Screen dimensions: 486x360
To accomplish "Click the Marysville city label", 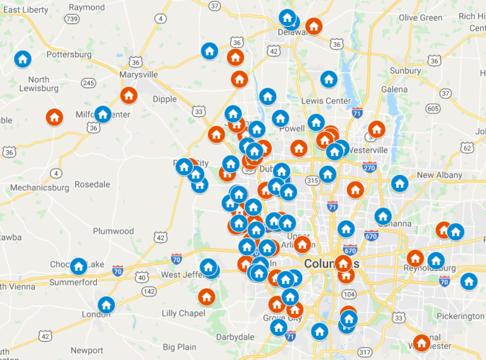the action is [138, 74].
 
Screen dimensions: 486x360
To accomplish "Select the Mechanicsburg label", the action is [39, 187].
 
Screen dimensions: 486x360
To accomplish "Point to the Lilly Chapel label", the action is [183, 313].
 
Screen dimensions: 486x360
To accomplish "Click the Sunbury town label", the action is [405, 71].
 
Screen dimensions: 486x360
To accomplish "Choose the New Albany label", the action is [439, 175].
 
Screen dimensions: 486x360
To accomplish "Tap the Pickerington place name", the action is [460, 316].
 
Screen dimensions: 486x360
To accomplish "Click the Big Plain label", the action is [179, 347].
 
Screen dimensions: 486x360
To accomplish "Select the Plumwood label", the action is [113, 231].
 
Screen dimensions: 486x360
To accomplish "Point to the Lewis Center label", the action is [325, 101].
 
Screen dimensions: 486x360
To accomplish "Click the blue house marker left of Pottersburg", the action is [22, 59].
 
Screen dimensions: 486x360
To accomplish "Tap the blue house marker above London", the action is [106, 305].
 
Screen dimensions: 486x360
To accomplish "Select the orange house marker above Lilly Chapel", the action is [206, 297].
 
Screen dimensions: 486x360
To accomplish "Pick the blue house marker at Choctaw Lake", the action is [78, 266].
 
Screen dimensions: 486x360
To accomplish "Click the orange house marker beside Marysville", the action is [129, 95].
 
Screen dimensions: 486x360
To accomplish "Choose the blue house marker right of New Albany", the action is [400, 184].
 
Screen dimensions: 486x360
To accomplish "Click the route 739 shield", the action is [71, 19].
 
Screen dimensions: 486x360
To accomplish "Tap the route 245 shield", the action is [88, 84].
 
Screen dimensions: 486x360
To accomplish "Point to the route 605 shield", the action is [433, 108].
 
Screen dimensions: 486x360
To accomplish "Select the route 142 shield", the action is [149, 291].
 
